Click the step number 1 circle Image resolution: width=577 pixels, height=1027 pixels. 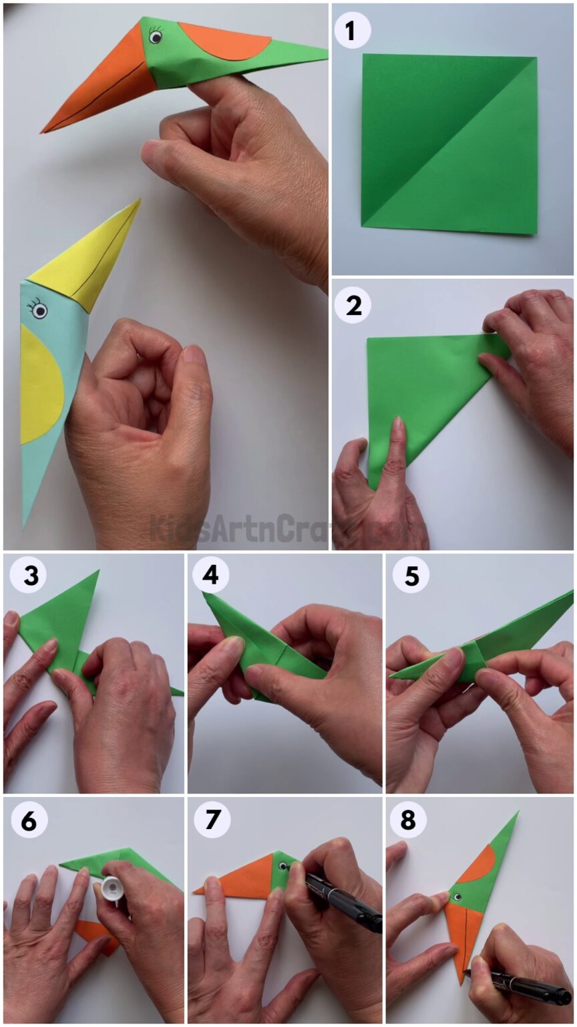[353, 31]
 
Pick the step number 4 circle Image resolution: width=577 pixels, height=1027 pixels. [210, 576]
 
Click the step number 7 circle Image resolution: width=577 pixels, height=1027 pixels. [212, 820]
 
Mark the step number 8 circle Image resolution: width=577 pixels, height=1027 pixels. [408, 820]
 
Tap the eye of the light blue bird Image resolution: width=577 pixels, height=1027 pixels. [39, 310]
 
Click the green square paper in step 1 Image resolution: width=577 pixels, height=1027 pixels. [449, 144]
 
